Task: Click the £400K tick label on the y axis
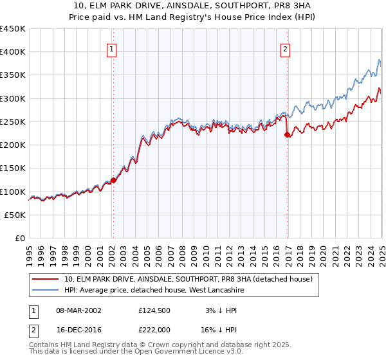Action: (x=13, y=52)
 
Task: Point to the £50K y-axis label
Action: (x=15, y=215)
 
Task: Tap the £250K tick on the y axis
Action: (x=13, y=122)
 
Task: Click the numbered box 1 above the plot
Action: (x=112, y=48)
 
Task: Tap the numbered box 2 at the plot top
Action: (x=285, y=48)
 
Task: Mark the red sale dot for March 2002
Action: (x=113, y=181)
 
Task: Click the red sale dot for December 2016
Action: (x=287, y=135)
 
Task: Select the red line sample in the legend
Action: (x=46, y=279)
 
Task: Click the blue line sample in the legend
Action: (x=46, y=290)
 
